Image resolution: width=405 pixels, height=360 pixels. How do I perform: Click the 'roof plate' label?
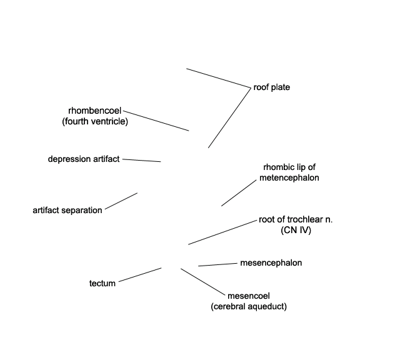tap(271, 87)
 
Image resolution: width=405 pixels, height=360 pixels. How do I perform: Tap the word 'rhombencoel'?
tap(95, 111)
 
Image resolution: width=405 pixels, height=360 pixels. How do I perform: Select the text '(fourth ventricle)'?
tap(95, 121)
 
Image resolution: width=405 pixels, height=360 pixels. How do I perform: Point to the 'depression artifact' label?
tap(84, 159)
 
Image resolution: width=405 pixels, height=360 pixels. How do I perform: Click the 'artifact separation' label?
tap(67, 210)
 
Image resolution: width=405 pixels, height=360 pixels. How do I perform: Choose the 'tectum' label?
tap(102, 283)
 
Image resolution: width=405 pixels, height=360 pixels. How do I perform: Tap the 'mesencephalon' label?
tap(271, 263)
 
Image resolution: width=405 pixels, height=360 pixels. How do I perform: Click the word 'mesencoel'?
tap(249, 296)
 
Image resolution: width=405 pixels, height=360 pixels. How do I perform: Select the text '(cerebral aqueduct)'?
tap(249, 306)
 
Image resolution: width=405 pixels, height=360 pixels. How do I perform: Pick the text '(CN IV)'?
tap(296, 230)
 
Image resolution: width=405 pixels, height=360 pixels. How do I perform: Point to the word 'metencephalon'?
tap(289, 177)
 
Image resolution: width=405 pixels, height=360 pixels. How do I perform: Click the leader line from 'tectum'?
tap(140, 275)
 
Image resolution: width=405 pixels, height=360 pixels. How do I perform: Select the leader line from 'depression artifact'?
tap(141, 161)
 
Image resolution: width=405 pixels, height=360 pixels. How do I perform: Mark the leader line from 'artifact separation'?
tap(121, 201)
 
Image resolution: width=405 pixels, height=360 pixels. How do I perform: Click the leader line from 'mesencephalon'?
tap(217, 265)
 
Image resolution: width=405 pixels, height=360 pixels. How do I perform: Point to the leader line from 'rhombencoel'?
tap(156, 121)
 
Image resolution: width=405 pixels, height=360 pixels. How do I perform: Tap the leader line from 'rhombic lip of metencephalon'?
tap(239, 193)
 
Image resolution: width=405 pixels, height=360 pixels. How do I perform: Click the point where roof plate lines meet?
tap(251, 88)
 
